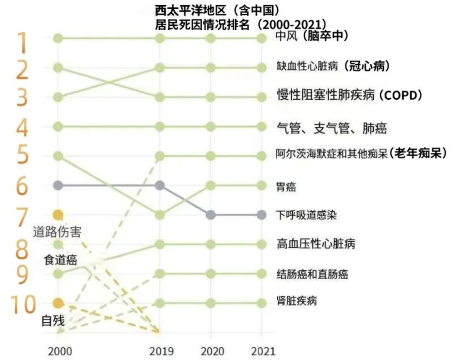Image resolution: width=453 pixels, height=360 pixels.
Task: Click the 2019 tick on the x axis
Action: (159, 351)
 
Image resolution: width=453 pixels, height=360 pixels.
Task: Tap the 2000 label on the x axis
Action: (59, 351)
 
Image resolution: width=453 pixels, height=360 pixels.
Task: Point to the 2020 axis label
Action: (210, 351)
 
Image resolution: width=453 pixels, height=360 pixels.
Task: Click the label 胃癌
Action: (286, 186)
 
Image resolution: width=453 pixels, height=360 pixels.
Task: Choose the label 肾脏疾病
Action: (297, 301)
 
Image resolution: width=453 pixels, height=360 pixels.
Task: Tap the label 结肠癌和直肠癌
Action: (312, 275)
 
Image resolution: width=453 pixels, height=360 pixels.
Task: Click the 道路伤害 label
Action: (57, 231)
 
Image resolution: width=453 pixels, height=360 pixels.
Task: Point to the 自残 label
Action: (53, 321)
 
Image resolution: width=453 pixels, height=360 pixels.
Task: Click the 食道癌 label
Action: (60, 260)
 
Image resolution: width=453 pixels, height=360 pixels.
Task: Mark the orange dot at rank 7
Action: (58, 215)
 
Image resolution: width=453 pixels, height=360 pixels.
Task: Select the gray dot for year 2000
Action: (58, 185)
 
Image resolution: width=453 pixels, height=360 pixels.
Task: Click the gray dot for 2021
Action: (262, 215)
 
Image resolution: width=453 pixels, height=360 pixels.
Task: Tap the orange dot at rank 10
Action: (58, 303)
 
